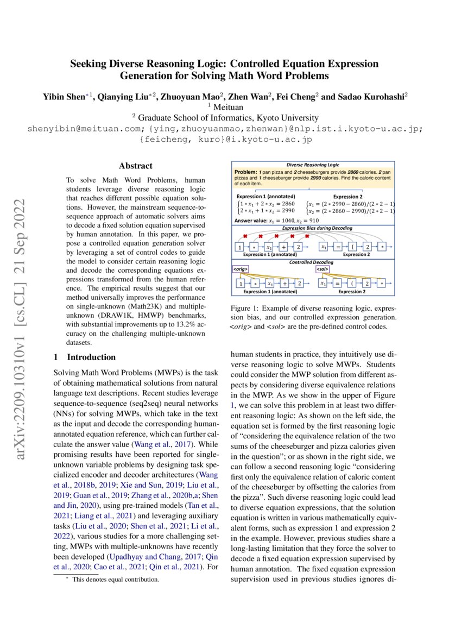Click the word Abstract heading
136,166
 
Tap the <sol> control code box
321,269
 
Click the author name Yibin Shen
66,97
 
